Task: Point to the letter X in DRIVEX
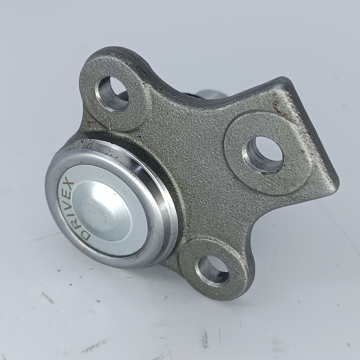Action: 68,182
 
